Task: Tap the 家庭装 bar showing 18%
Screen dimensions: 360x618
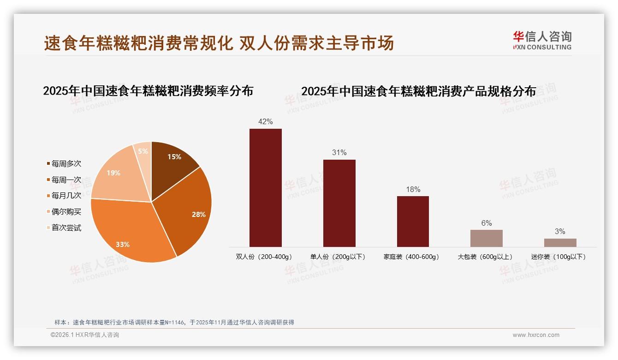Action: [413, 221]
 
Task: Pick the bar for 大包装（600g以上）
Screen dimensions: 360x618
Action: [486, 238]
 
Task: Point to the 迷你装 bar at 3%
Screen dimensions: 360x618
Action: [560, 243]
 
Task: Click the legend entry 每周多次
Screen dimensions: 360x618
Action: [66, 164]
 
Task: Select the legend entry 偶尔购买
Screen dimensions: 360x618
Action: [66, 212]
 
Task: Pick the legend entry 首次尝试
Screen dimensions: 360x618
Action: [66, 228]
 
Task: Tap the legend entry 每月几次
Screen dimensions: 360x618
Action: [66, 196]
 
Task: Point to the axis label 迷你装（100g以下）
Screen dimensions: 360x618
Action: [560, 257]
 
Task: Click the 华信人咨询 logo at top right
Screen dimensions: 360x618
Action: [542, 40]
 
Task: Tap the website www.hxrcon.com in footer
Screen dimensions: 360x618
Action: [536, 335]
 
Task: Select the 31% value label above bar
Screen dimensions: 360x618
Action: [339, 153]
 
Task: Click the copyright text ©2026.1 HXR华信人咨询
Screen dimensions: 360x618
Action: [85, 335]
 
